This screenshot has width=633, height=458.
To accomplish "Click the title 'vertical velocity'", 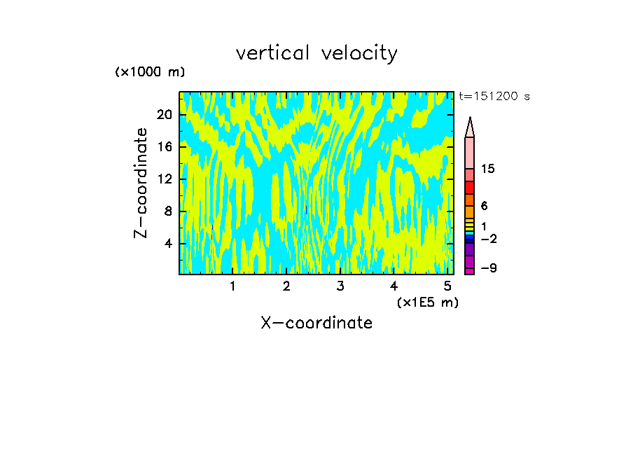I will point(316,53).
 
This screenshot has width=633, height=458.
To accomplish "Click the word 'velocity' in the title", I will point(359,53).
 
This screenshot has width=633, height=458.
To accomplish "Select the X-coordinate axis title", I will point(316,323).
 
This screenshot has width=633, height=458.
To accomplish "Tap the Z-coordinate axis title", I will point(142,183).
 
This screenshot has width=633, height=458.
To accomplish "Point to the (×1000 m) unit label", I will point(150,72).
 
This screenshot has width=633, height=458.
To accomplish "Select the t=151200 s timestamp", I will point(494,97).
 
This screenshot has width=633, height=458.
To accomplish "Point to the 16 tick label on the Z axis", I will point(163,147).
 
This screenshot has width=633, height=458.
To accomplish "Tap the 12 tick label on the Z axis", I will point(163,179).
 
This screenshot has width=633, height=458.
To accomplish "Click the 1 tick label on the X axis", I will point(232,286).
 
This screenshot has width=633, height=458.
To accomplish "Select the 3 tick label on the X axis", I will point(340,286).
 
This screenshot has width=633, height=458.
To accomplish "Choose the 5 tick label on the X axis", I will point(447,286).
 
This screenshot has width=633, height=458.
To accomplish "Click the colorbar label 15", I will point(488,169).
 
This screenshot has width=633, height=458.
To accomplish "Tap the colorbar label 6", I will point(485,206).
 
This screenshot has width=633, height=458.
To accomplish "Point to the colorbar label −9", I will point(488,268).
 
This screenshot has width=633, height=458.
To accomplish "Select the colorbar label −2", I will point(488,239).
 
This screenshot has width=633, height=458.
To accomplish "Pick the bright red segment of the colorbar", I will point(469,188).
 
